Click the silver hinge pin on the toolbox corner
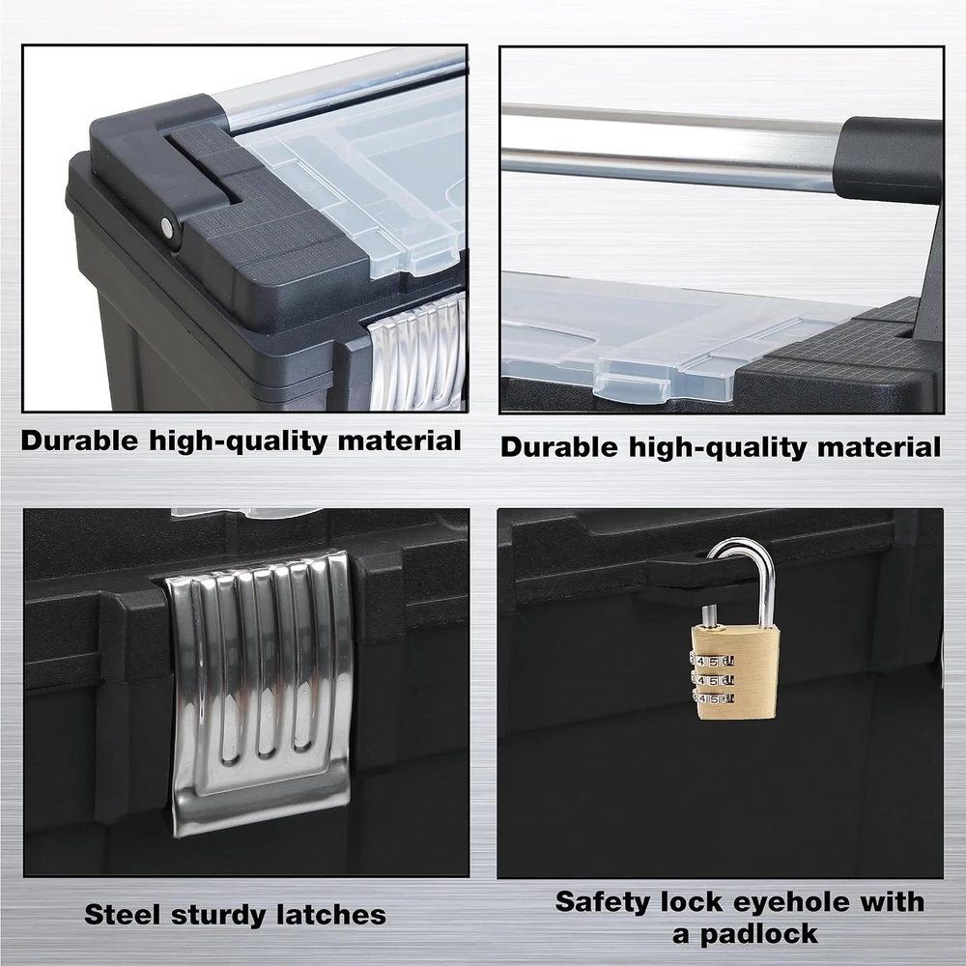coord(167,228)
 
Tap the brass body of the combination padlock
coord(737,672)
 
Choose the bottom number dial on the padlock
coord(715,698)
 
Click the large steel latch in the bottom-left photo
coord(260,690)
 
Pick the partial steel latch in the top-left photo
coord(418,352)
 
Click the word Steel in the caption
coord(122,914)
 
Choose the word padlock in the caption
coord(759,935)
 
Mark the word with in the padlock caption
coord(893,902)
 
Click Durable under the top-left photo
coord(79,440)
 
